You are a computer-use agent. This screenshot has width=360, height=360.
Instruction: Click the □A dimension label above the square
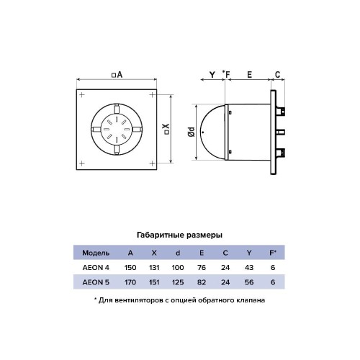pos(117,75)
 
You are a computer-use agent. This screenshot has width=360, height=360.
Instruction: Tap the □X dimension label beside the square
pos(166,129)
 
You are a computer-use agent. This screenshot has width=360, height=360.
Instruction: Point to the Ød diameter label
pos(192,132)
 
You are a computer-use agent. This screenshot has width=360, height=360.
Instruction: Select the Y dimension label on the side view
pos(212,75)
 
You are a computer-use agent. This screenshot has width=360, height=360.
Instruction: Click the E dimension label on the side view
pos(250,75)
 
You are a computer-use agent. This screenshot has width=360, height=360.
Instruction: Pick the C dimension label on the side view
pos(277,75)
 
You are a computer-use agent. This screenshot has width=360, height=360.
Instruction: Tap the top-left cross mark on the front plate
pos(82,95)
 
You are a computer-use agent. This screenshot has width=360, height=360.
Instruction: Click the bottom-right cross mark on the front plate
pos(152,163)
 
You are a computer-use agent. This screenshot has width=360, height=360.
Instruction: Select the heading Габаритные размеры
pos(179,235)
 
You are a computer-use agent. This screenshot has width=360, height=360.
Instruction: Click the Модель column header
pos(96,253)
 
